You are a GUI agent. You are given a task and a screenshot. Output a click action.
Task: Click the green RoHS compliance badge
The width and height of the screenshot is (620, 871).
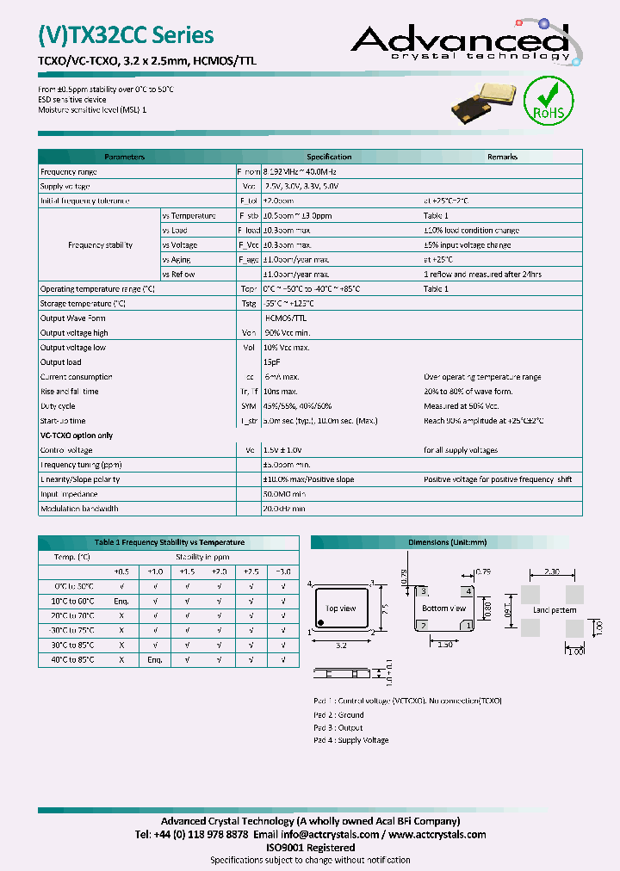pyautogui.click(x=549, y=102)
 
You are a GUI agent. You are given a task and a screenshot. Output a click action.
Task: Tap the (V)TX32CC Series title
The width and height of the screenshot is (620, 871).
pyautogui.click(x=126, y=34)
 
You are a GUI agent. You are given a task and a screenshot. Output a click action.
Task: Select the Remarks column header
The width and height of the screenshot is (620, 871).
pyautogui.click(x=502, y=157)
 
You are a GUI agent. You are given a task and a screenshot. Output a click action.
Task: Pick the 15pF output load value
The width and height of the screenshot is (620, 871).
pyautogui.click(x=271, y=362)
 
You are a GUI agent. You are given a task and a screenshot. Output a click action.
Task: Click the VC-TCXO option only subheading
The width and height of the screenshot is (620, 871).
pyautogui.click(x=77, y=435)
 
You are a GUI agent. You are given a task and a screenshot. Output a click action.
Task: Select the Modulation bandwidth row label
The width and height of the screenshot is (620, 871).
pyautogui.click(x=79, y=509)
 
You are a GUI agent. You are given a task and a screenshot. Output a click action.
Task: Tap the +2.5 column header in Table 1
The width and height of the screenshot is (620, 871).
pyautogui.click(x=251, y=571)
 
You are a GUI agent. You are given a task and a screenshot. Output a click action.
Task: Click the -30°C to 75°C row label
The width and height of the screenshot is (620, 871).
pyautogui.click(x=71, y=630)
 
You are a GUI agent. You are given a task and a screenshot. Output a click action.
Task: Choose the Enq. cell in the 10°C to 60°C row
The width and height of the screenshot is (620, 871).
pyautogui.click(x=121, y=601)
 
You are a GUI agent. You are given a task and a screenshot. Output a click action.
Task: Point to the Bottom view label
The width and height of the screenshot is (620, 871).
pyautogui.click(x=443, y=608)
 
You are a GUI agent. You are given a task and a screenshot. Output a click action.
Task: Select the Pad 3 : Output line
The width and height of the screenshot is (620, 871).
pyautogui.click(x=338, y=727)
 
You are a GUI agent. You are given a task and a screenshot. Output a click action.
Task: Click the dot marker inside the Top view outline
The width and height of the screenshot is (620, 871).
pyautogui.click(x=322, y=621)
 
